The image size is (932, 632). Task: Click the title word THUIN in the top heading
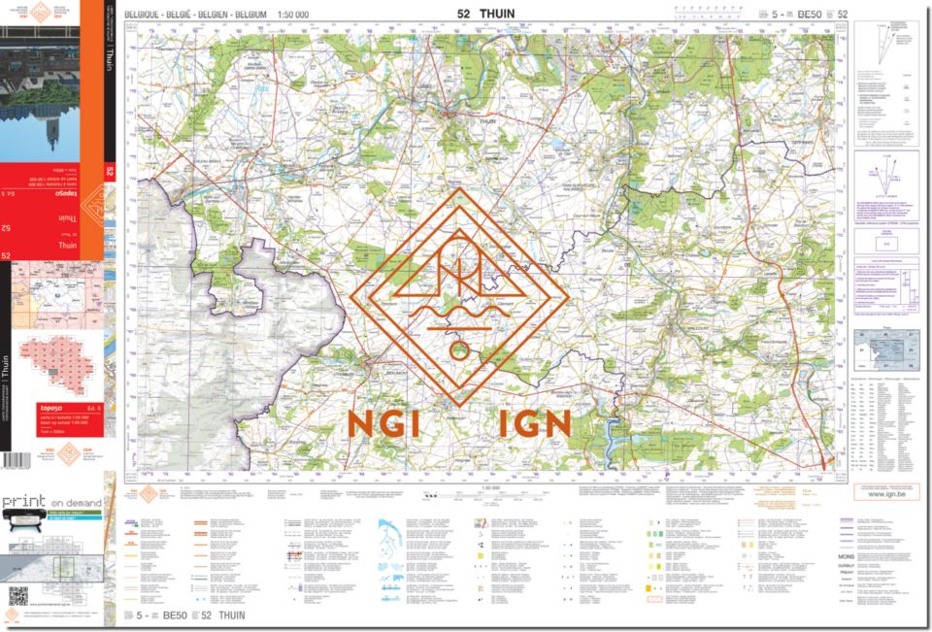tap(499, 14)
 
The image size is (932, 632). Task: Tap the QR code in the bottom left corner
tap(17, 595)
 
